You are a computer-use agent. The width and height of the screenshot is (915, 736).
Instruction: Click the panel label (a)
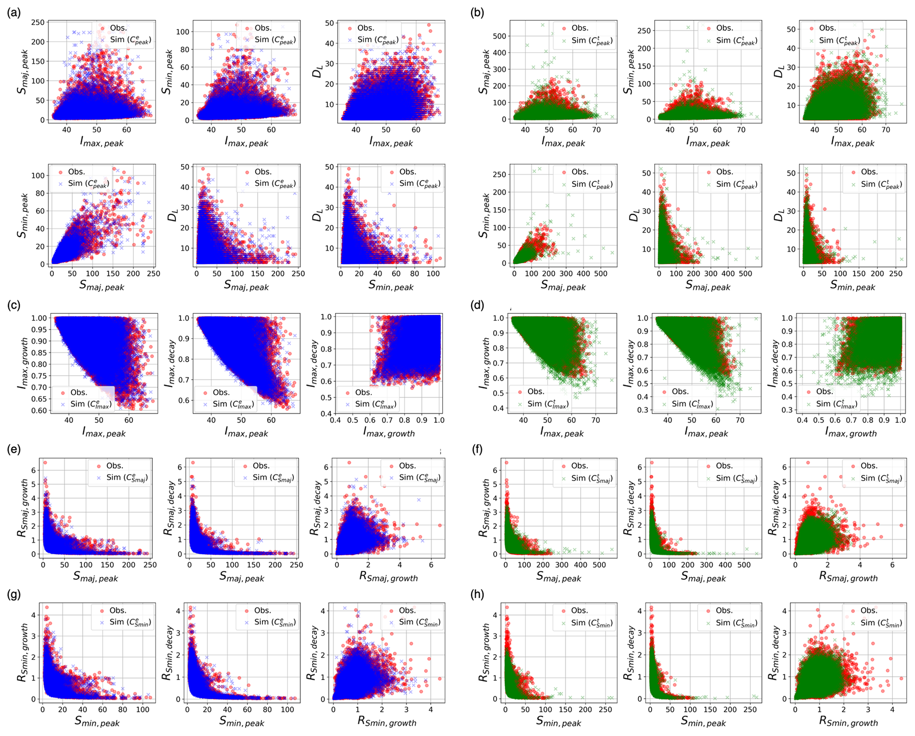[x=14, y=13]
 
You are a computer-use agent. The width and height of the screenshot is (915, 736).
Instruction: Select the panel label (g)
[x=14, y=594]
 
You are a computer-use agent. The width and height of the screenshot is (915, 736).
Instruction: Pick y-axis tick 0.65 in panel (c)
[x=40, y=399]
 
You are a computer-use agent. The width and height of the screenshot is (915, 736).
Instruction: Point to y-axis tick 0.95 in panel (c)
[x=40, y=329]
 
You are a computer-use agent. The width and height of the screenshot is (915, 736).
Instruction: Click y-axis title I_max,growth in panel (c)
[x=23, y=364]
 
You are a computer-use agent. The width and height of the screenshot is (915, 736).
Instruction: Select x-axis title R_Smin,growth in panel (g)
[x=387, y=722]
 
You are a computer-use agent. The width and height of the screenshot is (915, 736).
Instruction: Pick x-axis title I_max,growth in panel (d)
[x=850, y=432]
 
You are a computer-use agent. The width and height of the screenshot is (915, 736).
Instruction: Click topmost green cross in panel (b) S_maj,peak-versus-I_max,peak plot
[x=543, y=25]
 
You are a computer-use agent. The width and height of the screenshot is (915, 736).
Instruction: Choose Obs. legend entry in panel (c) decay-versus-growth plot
[x=363, y=393]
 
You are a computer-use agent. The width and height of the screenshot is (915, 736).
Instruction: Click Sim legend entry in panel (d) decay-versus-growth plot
[x=836, y=404]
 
